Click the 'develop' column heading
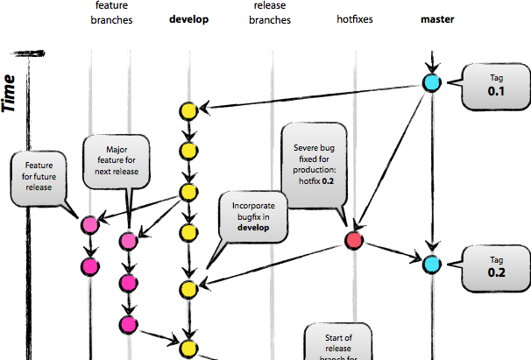[x=188, y=19]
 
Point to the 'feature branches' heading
[x=111, y=12]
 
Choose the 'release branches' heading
[x=269, y=12]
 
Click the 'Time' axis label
[x=12, y=92]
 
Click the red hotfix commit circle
[x=354, y=239]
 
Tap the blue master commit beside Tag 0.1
[x=430, y=84]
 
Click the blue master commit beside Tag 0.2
[x=430, y=264]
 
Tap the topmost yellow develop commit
[x=188, y=111]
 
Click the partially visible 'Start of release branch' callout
[x=338, y=343]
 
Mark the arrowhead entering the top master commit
[x=430, y=68]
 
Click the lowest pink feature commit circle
[x=130, y=325]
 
